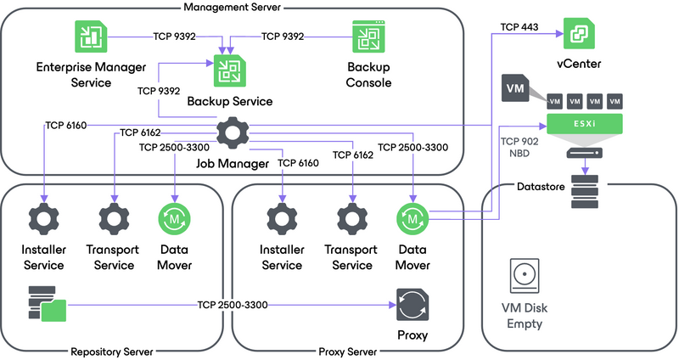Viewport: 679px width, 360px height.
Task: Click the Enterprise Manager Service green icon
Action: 87,37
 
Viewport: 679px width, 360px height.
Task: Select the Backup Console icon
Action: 369,37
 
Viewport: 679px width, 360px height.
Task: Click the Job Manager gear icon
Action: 230,132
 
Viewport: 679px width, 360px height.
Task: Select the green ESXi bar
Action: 585,124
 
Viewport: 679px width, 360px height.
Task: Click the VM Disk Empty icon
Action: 524,278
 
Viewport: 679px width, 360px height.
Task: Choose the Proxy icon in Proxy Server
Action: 412,304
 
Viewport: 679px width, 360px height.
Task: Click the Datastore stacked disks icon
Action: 585,193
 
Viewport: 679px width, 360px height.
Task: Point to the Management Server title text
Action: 232,8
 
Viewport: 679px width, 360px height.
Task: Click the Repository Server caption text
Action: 112,351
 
